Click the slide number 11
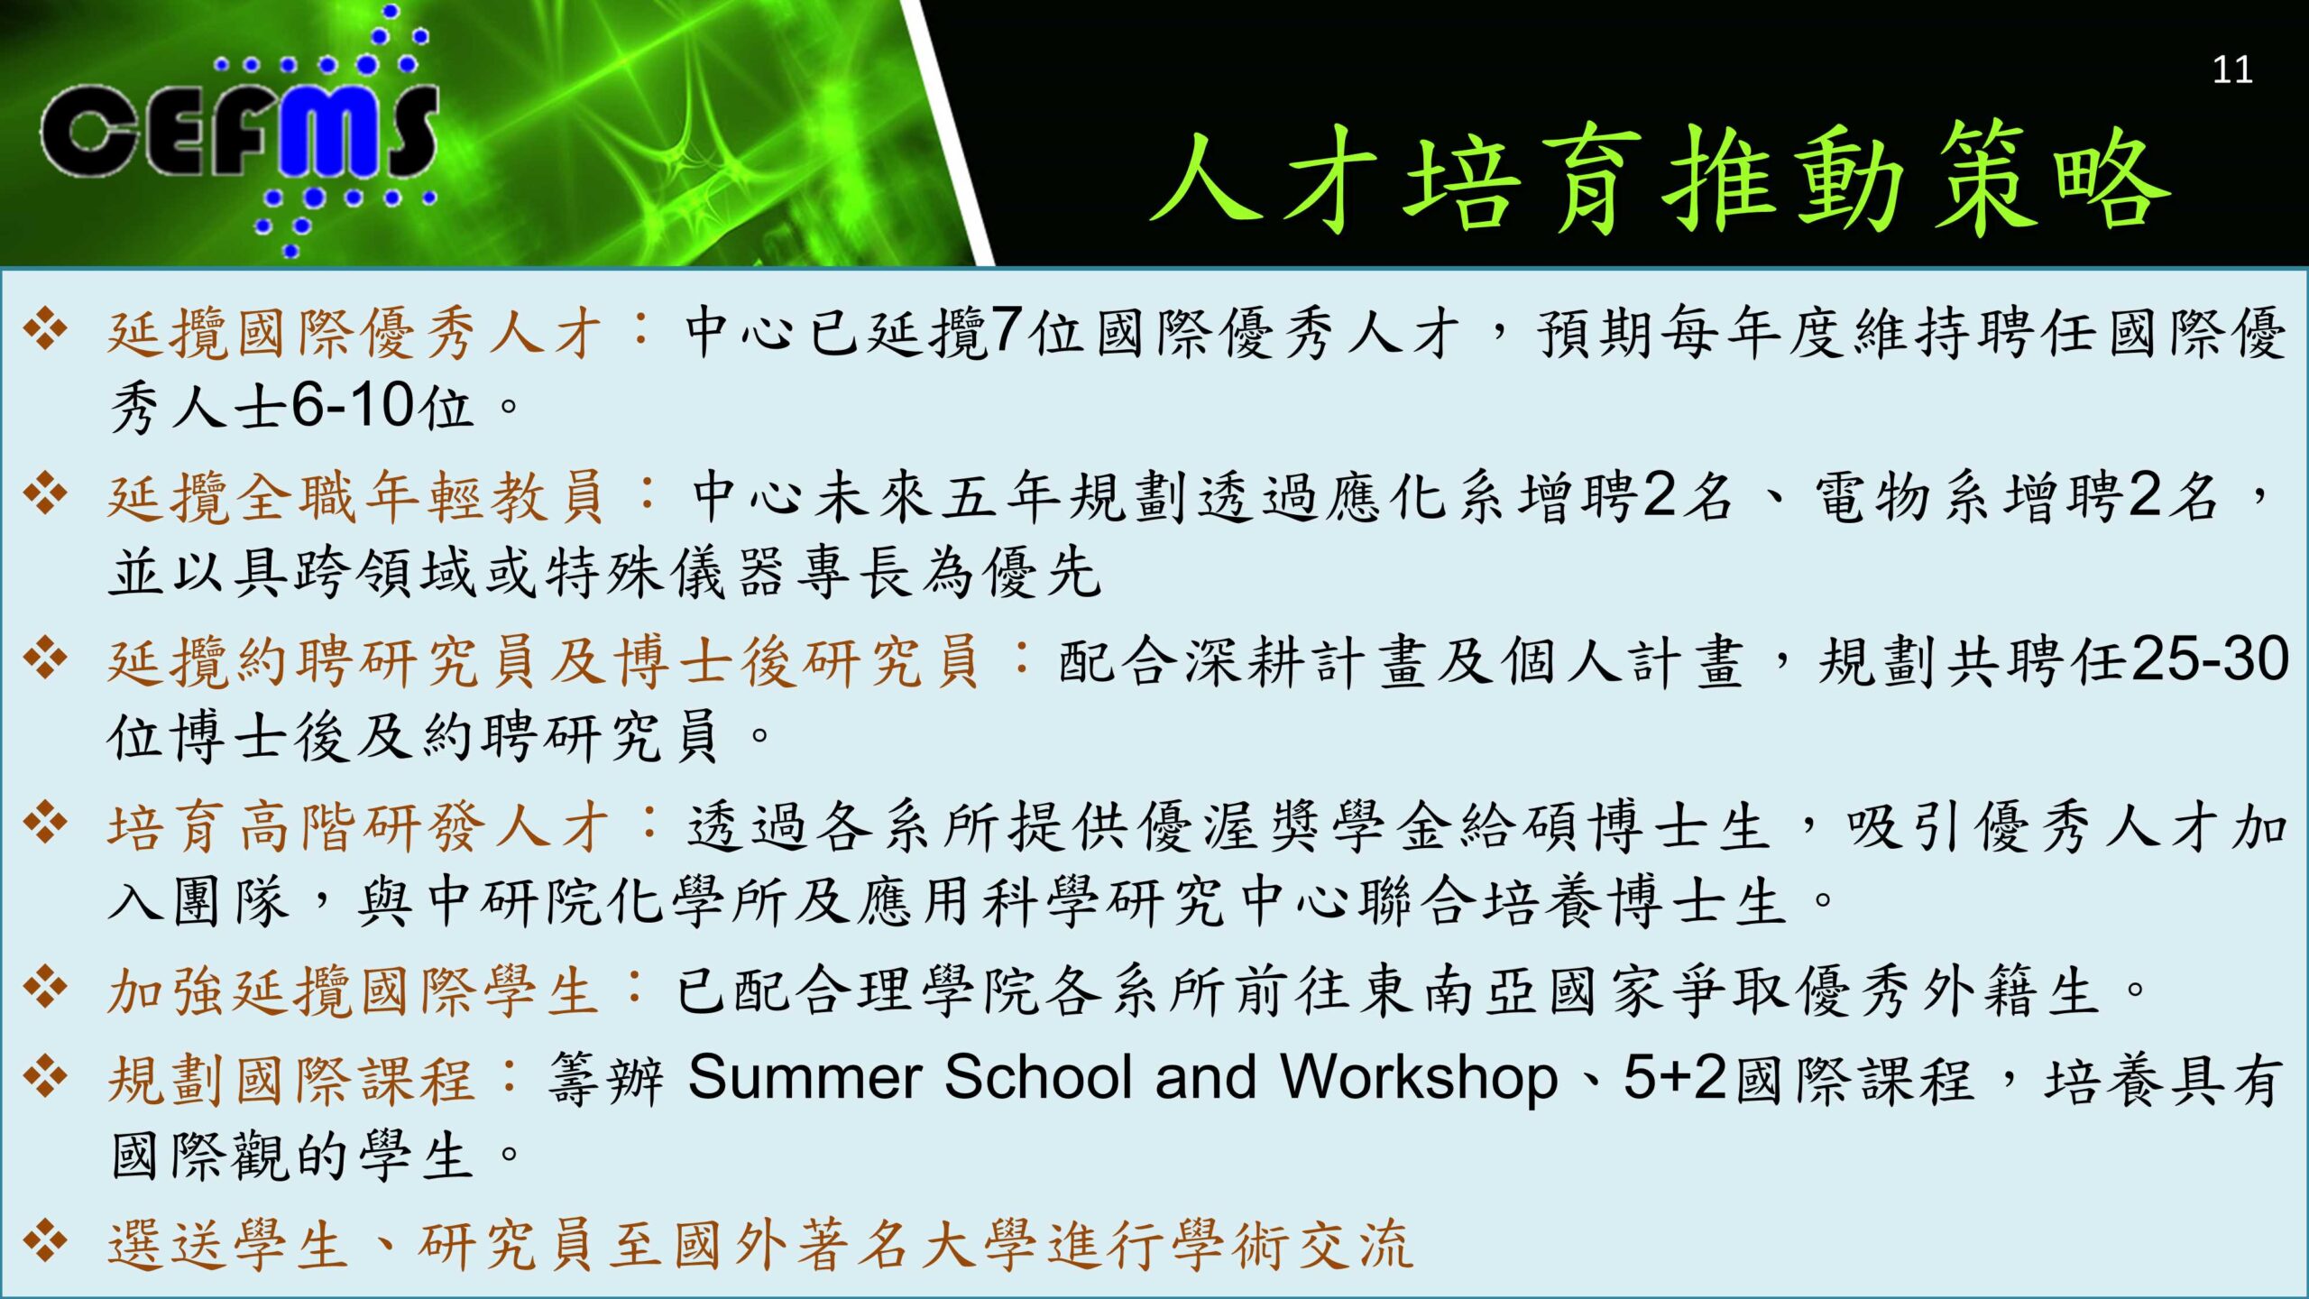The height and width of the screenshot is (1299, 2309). tap(2232, 69)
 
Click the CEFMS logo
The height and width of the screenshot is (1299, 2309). tap(240, 131)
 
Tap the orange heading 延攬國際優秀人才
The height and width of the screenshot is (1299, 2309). tap(354, 334)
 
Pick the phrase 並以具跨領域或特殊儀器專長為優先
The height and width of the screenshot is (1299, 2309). tap(604, 572)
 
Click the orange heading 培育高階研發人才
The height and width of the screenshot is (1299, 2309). tap(358, 826)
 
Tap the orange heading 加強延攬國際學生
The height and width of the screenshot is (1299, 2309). tap(353, 991)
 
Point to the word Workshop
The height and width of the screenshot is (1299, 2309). tap(1420, 1078)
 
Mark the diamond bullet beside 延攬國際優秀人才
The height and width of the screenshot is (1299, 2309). tap(46, 328)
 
